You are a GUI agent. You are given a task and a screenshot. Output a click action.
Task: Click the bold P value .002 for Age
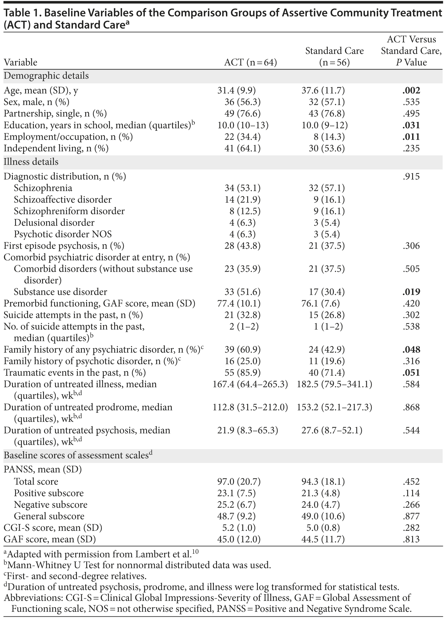(411, 90)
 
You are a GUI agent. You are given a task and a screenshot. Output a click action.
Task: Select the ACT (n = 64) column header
(250, 62)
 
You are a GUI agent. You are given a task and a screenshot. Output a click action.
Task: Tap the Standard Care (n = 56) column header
(334, 57)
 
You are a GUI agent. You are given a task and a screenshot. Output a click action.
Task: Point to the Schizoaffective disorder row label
(62, 200)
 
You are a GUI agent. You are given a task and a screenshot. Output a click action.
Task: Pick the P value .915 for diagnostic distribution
(411, 177)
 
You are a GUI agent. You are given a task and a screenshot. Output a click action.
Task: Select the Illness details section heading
(31, 162)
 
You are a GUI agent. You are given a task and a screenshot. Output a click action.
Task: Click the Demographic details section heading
(46, 76)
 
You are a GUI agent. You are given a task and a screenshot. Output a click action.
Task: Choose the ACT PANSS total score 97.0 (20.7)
(239, 481)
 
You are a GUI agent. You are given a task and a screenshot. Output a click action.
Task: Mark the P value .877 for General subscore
(411, 516)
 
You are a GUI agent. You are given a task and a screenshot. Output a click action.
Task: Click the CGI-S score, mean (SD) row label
(53, 528)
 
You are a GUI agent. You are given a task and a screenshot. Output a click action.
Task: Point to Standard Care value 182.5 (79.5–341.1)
(334, 384)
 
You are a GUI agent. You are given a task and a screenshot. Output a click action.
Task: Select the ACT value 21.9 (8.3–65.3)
(245, 430)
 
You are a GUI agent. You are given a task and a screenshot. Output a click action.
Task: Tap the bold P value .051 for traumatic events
(411, 373)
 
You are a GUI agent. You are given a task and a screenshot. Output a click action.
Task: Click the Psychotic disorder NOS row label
(62, 234)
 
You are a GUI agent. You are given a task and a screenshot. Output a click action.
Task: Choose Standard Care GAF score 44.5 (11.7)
(323, 539)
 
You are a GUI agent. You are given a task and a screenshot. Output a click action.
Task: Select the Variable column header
(20, 62)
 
